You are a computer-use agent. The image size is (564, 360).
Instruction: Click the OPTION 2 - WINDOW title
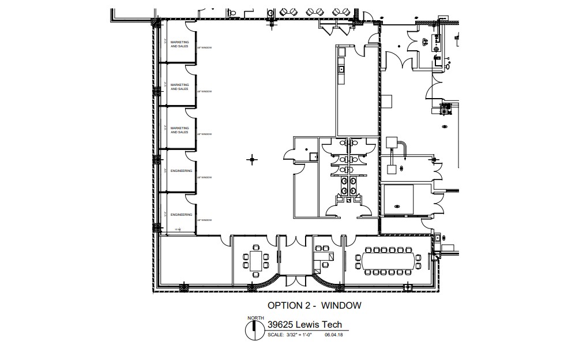point(314,305)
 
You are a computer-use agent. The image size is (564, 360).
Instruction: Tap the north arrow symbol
point(253,329)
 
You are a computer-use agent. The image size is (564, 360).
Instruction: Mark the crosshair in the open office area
point(251,159)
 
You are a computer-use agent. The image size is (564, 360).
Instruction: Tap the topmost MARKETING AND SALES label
point(179,44)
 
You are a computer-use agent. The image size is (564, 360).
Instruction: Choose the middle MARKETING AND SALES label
point(179,87)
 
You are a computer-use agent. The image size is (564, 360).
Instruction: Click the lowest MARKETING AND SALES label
point(179,130)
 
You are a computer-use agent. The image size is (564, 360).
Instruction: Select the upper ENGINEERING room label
point(181,171)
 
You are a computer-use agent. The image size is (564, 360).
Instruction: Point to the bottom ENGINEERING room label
point(181,215)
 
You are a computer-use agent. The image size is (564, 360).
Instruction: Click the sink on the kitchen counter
point(341,69)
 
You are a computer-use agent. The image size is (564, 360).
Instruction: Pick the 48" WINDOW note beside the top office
point(205,48)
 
